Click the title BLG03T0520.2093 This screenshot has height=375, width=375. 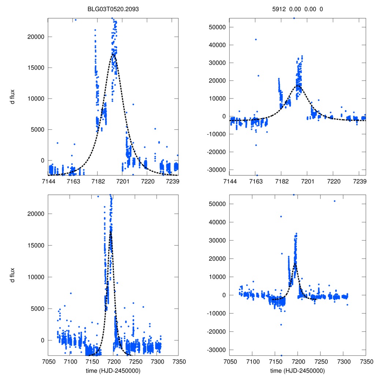click(x=113, y=9)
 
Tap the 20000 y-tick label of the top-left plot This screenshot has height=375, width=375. click(x=37, y=37)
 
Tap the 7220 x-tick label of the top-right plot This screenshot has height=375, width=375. click(x=334, y=181)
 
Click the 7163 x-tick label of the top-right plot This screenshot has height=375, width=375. click(x=256, y=181)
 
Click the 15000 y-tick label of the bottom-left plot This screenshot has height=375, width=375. click(x=37, y=245)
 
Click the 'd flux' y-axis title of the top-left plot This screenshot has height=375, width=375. click(x=12, y=96)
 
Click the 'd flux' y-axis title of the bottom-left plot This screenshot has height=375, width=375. click(x=12, y=275)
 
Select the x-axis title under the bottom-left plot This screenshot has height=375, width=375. click(x=113, y=370)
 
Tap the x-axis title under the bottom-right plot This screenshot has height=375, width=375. click(x=297, y=370)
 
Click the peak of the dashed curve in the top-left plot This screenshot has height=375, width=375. click(x=114, y=55)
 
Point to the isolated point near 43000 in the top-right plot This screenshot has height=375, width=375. click(x=256, y=40)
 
